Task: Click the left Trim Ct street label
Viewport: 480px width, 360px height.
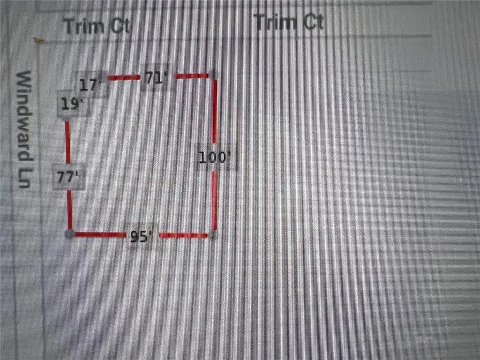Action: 97,26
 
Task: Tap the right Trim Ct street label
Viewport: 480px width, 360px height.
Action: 288,22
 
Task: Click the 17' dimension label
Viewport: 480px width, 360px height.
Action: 91,85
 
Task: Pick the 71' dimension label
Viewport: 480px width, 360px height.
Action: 157,77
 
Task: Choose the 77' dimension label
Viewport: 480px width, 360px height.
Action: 68,177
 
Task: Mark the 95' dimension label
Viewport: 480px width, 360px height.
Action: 142,237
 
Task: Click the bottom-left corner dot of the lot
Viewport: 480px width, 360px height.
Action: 69,234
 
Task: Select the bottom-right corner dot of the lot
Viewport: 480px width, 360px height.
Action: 214,235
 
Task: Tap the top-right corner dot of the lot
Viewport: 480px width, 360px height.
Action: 213,75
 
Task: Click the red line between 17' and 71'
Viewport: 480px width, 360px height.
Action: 124,77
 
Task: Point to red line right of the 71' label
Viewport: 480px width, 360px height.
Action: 191,75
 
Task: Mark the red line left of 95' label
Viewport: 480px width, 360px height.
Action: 100,234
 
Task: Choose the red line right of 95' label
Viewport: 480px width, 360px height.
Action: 184,235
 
